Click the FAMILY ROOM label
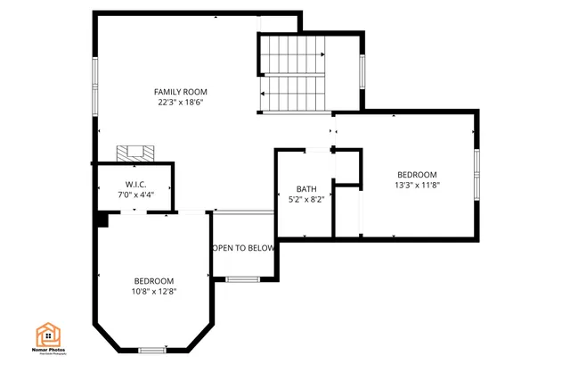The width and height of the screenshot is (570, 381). click(181, 92)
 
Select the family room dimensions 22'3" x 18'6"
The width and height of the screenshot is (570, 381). click(181, 103)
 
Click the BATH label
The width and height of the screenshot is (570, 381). click(306, 189)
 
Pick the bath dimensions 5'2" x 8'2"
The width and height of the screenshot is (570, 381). click(306, 200)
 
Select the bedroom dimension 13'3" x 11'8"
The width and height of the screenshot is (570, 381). click(417, 185)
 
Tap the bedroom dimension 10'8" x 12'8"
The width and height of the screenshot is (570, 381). click(154, 291)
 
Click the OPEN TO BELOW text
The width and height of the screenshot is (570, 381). click(242, 248)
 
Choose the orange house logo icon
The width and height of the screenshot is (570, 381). click(49, 335)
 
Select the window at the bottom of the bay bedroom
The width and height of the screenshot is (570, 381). click(152, 349)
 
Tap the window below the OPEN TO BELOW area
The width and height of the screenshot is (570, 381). click(241, 280)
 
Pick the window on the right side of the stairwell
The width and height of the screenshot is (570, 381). click(362, 72)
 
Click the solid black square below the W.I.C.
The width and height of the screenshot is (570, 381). click(103, 219)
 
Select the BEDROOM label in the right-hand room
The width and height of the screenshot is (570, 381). click(417, 174)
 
